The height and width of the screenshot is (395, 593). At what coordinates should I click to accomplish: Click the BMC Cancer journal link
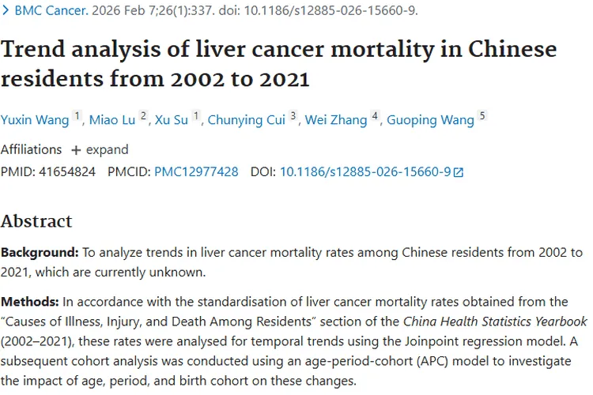point(49,11)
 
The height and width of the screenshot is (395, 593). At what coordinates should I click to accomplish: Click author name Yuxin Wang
point(36,120)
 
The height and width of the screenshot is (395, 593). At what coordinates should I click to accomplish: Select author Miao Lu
point(111,120)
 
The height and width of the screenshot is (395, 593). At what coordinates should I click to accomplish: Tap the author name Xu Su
point(171,120)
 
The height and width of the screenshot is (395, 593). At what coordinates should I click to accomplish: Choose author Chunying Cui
point(246,120)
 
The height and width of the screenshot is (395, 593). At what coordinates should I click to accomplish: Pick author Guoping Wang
point(432,120)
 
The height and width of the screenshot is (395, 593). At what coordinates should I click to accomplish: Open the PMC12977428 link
point(196,171)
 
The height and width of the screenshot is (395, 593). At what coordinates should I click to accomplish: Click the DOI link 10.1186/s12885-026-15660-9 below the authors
point(365,171)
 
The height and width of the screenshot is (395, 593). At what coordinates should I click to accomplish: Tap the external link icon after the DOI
point(459,172)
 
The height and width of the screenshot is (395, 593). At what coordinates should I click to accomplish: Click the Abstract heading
point(36,220)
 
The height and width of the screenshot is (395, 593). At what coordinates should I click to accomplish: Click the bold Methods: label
point(30,302)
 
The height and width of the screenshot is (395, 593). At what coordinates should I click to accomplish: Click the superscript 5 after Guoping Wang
point(482,116)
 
